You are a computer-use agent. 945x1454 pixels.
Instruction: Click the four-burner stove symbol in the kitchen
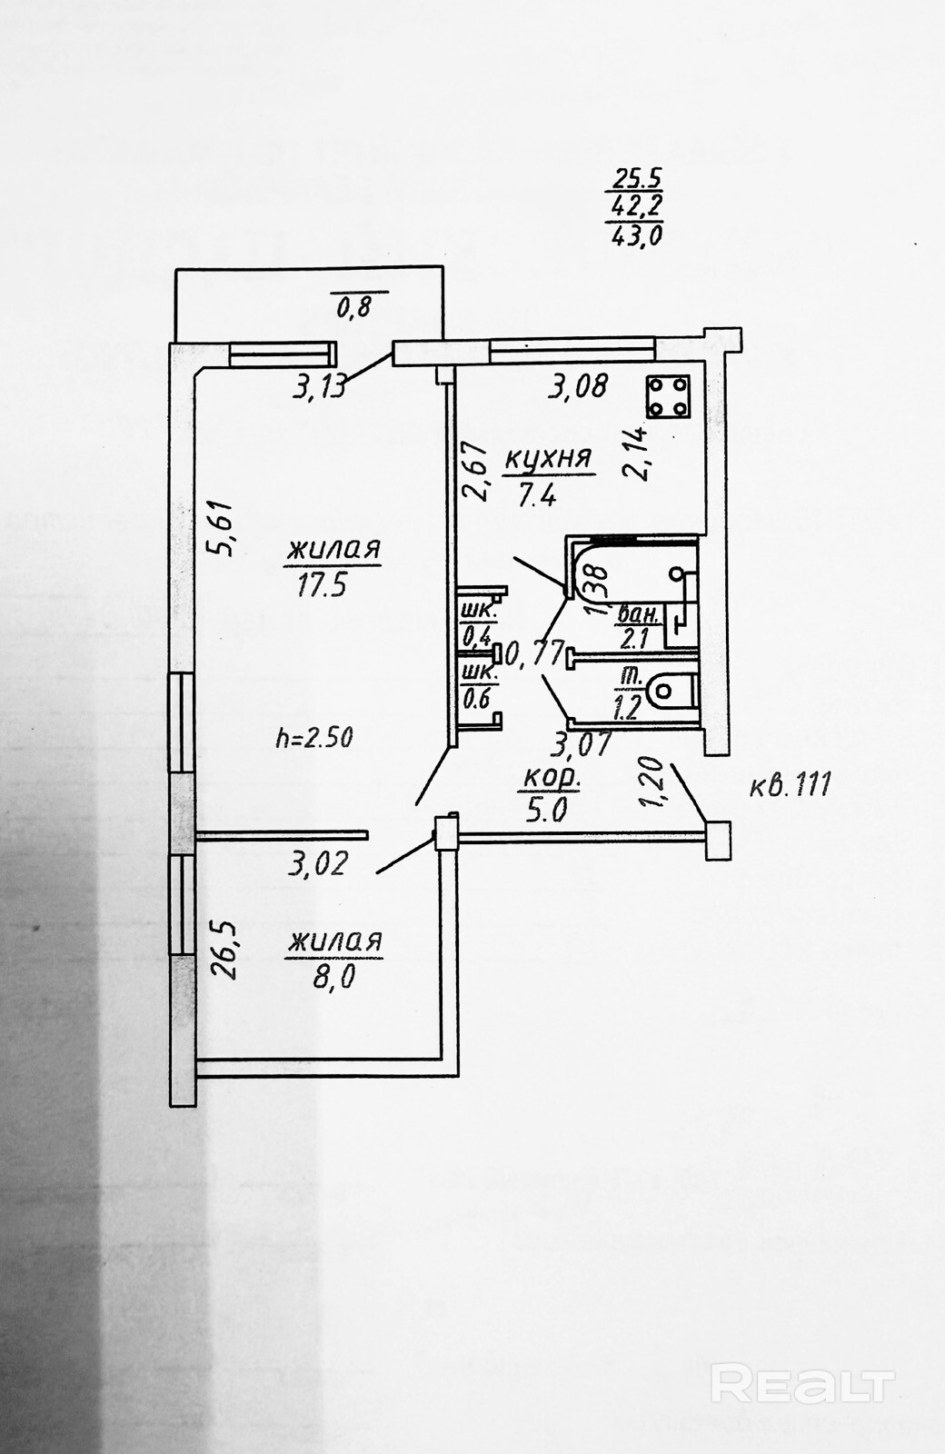coord(668,396)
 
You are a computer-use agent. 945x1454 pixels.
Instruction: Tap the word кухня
coord(548,460)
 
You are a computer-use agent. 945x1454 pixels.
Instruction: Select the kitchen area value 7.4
coord(537,495)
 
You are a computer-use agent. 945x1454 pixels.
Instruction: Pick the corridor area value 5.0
coord(547,810)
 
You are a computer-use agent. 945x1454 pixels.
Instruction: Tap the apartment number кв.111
coord(790,783)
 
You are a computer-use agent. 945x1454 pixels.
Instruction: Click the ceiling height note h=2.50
coord(314,737)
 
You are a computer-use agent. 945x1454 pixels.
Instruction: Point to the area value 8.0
coord(333,977)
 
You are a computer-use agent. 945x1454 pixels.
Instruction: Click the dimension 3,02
coord(318,862)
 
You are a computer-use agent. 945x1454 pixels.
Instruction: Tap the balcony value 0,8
coord(354,307)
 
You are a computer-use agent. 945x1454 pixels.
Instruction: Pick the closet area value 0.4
coord(476,633)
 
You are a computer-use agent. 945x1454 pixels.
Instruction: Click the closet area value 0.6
coord(476,699)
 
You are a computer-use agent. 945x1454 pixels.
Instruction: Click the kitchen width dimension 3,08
coord(577,387)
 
